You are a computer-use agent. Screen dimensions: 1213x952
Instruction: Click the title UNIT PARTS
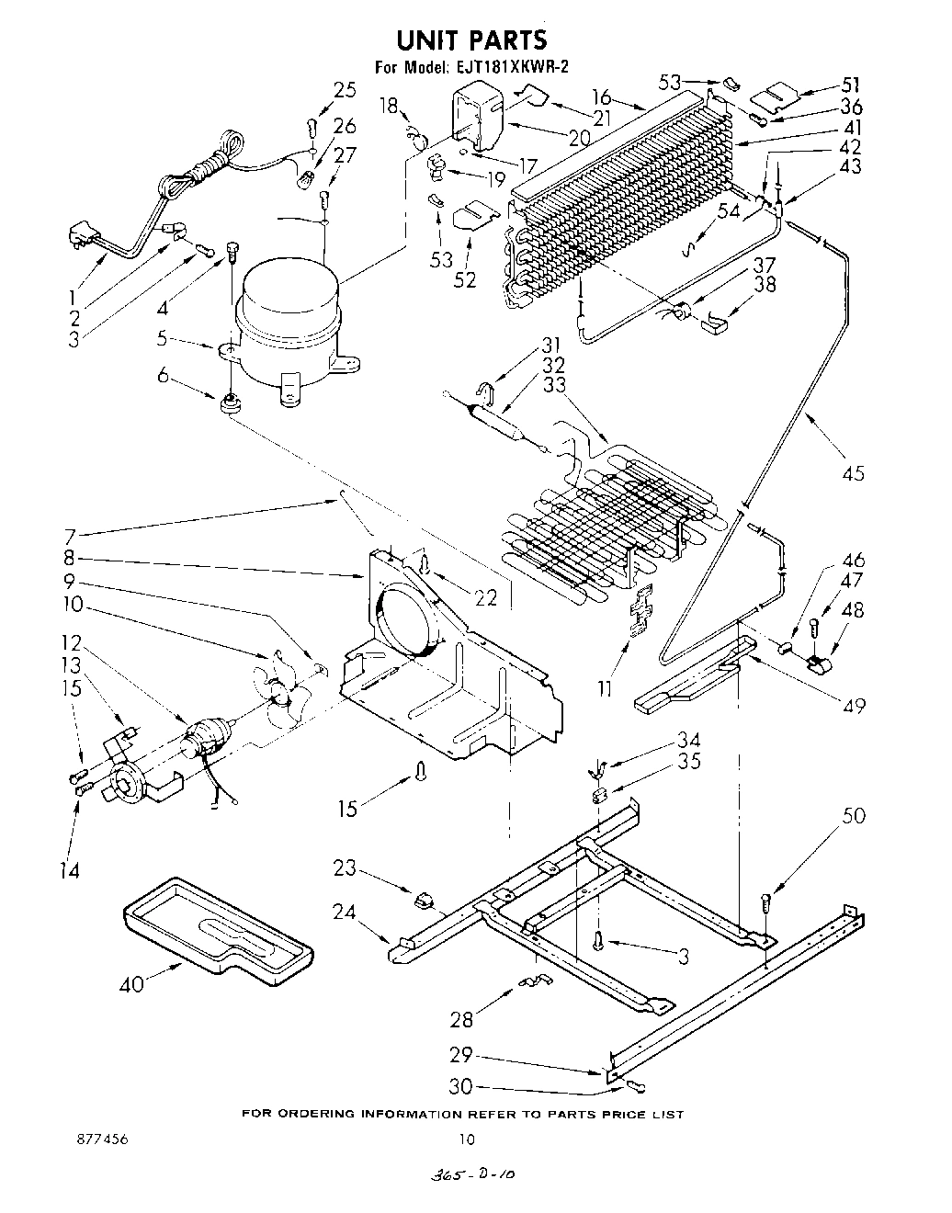(x=471, y=40)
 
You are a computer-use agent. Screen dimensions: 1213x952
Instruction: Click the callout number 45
(x=853, y=473)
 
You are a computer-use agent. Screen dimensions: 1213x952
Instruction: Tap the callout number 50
(x=854, y=816)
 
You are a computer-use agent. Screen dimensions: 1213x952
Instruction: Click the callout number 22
(x=485, y=597)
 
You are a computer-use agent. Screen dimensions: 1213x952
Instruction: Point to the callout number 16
(x=602, y=96)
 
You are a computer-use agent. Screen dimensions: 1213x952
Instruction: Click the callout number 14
(x=70, y=869)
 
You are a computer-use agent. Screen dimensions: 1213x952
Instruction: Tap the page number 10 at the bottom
(x=467, y=1140)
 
